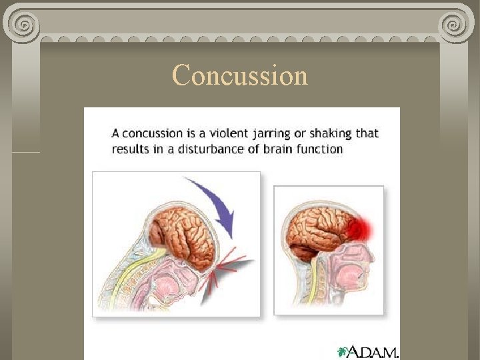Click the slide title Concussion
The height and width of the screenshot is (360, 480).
(x=240, y=75)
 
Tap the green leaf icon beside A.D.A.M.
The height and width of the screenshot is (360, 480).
(x=343, y=351)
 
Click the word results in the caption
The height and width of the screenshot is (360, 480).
(x=130, y=149)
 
